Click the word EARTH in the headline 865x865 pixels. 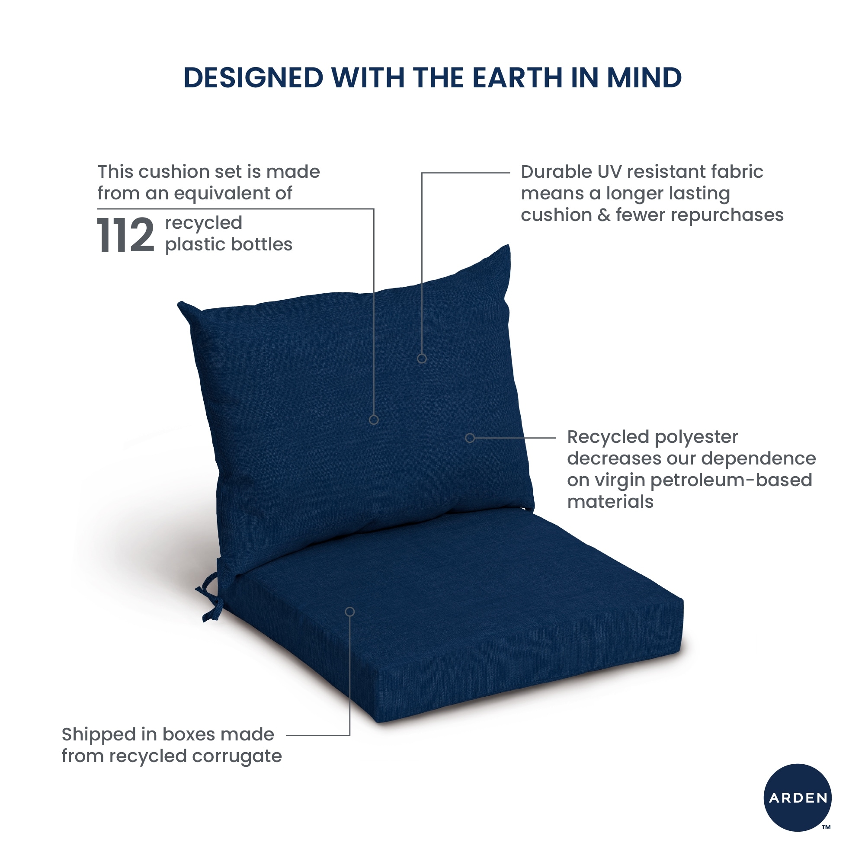tap(517, 78)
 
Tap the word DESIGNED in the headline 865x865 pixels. tap(253, 78)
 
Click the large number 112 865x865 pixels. tap(126, 235)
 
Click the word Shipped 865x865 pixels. tap(98, 735)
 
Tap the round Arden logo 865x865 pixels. tap(798, 798)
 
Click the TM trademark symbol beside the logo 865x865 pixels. tap(827, 827)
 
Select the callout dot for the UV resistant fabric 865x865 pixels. tap(422, 359)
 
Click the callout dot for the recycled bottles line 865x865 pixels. tap(374, 420)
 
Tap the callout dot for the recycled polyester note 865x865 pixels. tap(470, 438)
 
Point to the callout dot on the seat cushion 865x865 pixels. tap(349, 612)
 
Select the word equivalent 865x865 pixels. tap(233, 194)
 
